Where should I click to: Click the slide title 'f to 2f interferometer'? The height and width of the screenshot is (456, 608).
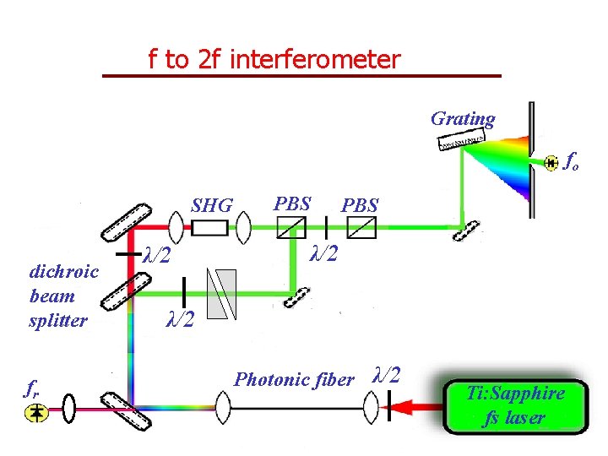[x=274, y=60]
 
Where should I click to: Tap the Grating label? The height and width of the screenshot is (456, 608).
[x=463, y=119]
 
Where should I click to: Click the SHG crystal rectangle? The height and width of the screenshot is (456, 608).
[x=210, y=227]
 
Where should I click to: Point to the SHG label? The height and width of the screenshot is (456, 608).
[x=211, y=206]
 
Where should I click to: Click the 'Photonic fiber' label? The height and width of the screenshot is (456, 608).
[x=293, y=380]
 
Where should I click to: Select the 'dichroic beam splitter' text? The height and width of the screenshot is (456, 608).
[x=63, y=296]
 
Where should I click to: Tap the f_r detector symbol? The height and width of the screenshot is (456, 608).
[x=36, y=411]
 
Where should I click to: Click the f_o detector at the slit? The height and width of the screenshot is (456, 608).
[x=551, y=161]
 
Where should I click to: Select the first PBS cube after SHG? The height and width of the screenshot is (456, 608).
[x=292, y=227]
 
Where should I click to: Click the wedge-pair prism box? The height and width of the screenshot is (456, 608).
[x=222, y=294]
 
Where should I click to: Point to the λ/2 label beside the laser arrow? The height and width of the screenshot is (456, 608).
[x=387, y=375]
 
